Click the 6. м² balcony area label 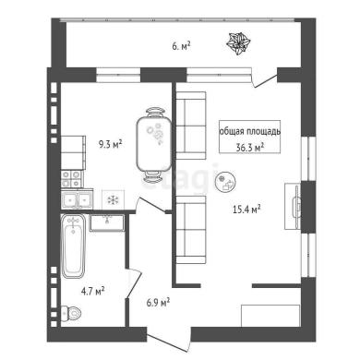181,47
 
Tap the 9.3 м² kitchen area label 111,144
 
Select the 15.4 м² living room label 247,210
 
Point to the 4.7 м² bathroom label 93,291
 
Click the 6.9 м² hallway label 158,303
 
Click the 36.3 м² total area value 250,148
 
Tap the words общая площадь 250,131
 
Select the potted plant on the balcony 238,43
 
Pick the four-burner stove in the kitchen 72,179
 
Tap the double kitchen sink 77,200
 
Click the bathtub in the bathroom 73,246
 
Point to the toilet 71,313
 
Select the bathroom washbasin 107,222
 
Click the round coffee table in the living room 225,182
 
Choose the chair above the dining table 154,112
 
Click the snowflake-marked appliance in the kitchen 114,200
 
